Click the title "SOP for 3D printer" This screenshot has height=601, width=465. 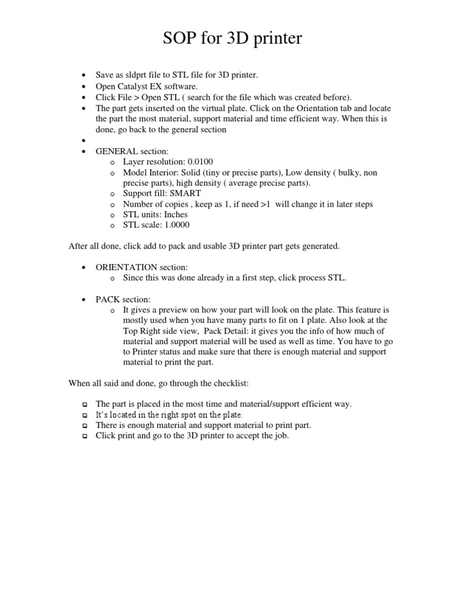point(232,39)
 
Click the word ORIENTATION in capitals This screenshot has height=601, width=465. point(127,267)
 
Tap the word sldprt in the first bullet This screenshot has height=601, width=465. point(136,75)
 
